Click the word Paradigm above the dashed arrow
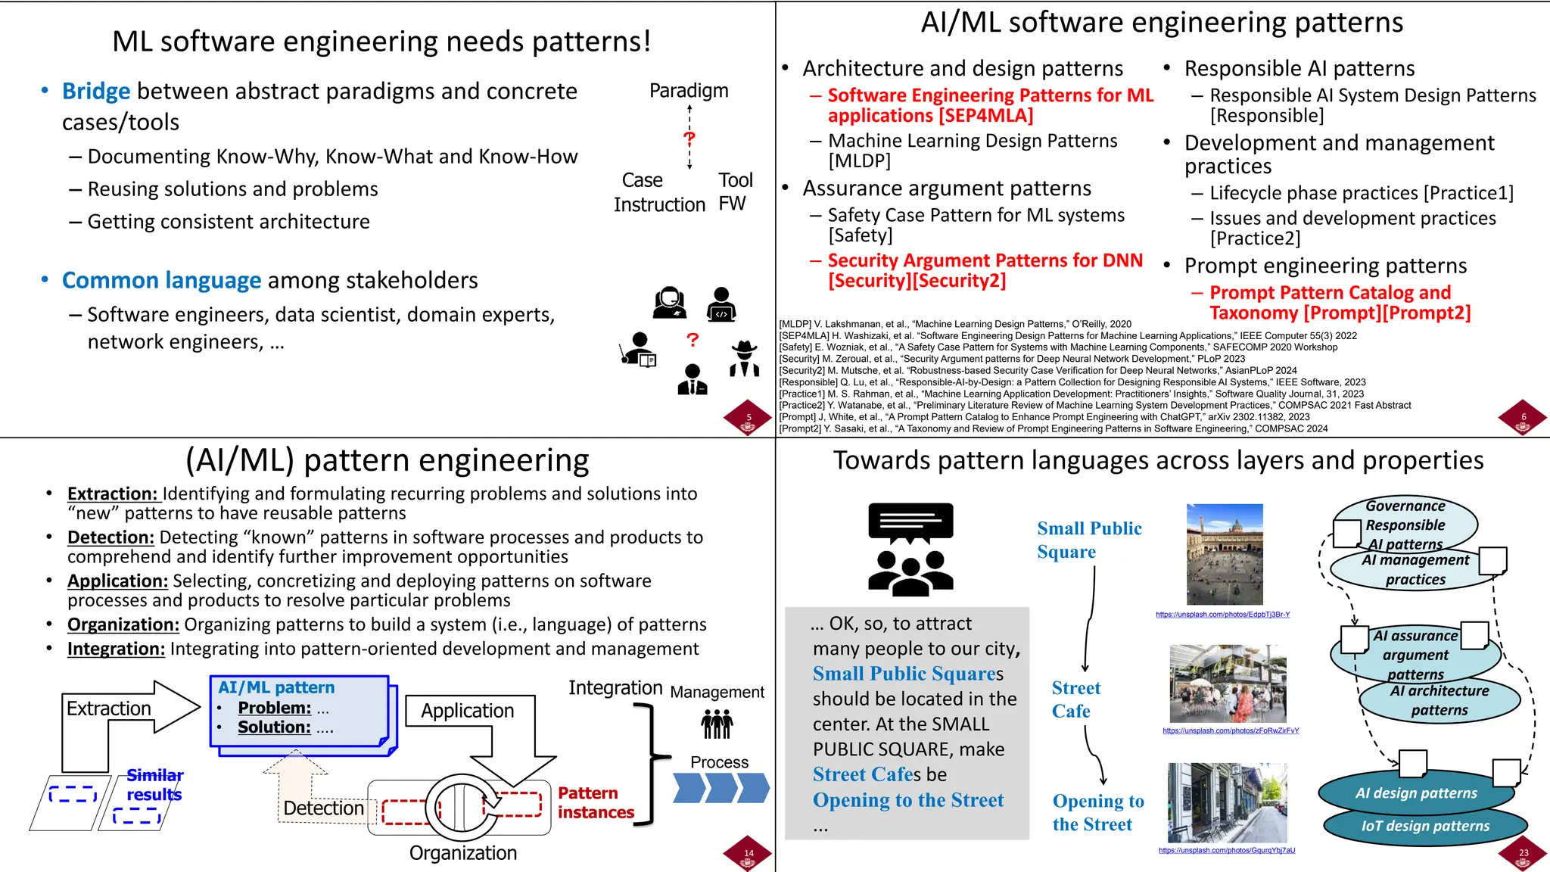pos(689,91)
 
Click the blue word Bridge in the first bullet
pos(96,92)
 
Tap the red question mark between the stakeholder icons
pos(693,341)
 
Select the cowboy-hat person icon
pos(745,359)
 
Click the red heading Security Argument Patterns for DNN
pos(985,260)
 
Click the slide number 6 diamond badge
pos(1523,418)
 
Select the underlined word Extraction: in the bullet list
pos(113,494)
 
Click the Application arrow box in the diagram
pos(467,711)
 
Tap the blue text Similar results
pos(154,785)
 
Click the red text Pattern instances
pos(596,802)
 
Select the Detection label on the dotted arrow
pos(323,808)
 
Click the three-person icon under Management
pos(717,724)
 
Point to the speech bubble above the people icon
pos(910,522)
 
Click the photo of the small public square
pos(1225,555)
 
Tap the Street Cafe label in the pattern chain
pos(1075,699)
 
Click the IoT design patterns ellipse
pos(1425,827)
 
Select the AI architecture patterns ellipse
pos(1439,701)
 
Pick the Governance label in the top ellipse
pos(1405,506)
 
